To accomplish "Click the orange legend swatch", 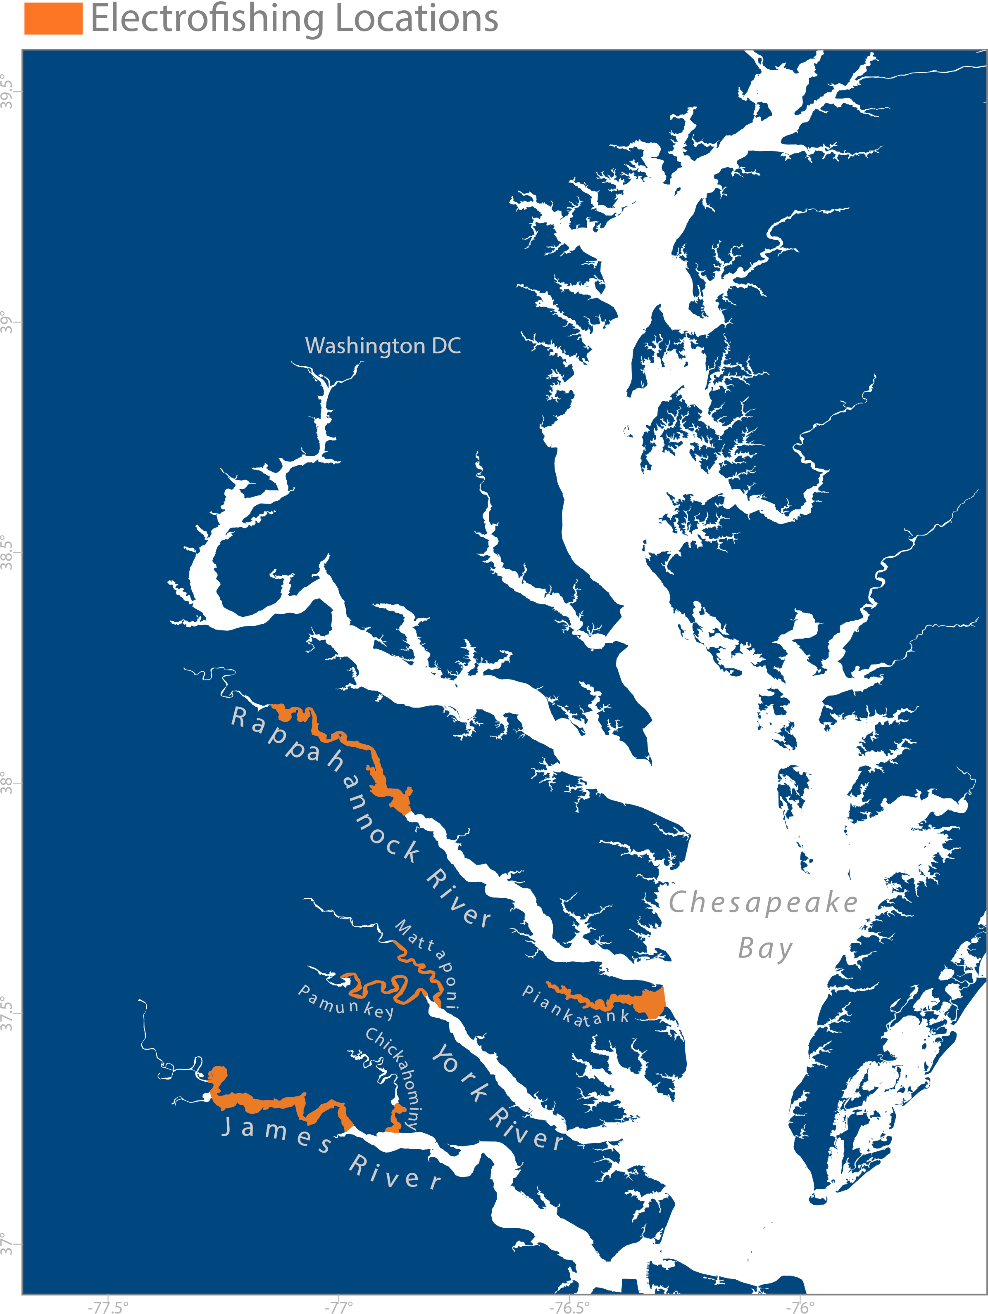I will pos(53,19).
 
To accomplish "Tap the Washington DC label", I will pos(383,346).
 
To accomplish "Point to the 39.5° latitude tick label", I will pos(7,92).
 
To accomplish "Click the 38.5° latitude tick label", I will pos(7,552).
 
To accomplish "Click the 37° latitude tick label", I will pos(7,1243).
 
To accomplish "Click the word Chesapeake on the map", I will pos(763,902).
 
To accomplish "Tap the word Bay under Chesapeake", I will pos(765,948).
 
